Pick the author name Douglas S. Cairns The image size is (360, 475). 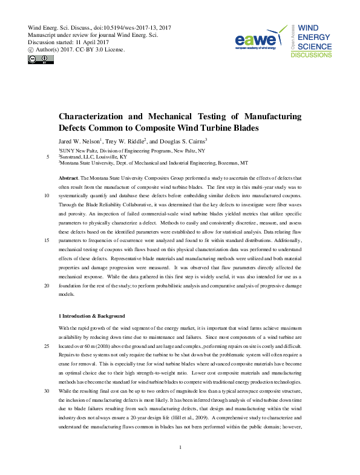point(182,141)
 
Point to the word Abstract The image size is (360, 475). point(68,179)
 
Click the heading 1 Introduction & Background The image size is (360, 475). point(91,316)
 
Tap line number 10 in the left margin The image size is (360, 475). point(48,196)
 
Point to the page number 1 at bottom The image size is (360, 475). point(180,464)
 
